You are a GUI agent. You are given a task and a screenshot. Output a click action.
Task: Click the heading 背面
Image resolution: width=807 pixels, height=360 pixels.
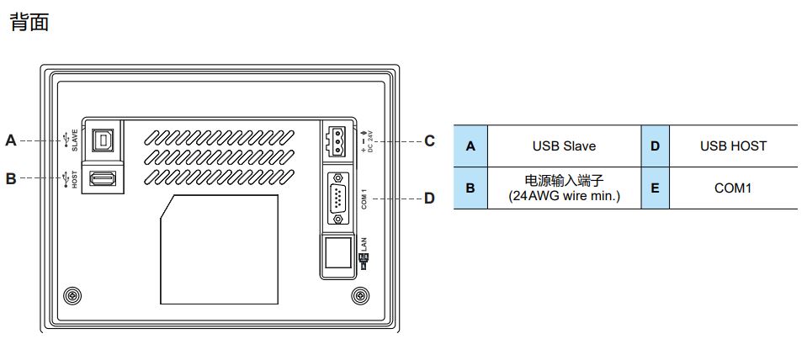tap(29, 23)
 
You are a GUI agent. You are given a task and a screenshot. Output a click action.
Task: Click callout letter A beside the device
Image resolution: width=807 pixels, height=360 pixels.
tap(11, 140)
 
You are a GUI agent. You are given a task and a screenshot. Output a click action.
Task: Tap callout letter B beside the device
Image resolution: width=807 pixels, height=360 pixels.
tap(11, 178)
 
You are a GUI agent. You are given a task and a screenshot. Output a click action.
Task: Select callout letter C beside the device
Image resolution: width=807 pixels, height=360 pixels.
tap(429, 140)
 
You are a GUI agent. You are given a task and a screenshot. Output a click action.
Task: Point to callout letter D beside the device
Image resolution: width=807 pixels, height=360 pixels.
tap(429, 199)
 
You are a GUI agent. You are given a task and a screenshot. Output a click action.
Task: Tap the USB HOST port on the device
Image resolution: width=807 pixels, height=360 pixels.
tap(103, 178)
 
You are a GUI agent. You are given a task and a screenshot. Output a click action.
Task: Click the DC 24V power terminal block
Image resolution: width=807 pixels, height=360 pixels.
tap(335, 140)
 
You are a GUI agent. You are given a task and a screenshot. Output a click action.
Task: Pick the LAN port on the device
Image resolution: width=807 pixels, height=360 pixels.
tap(337, 251)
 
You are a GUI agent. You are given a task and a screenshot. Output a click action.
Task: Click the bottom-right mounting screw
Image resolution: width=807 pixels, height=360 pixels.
tap(359, 295)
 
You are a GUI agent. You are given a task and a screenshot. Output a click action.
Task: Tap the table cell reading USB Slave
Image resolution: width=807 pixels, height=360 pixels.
tap(564, 146)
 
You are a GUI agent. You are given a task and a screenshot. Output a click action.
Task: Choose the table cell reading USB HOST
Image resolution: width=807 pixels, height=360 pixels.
tap(733, 146)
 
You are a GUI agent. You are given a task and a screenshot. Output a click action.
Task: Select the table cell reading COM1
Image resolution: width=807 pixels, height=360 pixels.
tap(733, 188)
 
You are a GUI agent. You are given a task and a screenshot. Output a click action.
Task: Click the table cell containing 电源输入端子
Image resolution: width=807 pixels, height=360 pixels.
tap(564, 188)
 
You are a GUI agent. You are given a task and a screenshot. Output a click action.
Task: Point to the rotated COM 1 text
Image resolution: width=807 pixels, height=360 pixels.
tap(364, 199)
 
